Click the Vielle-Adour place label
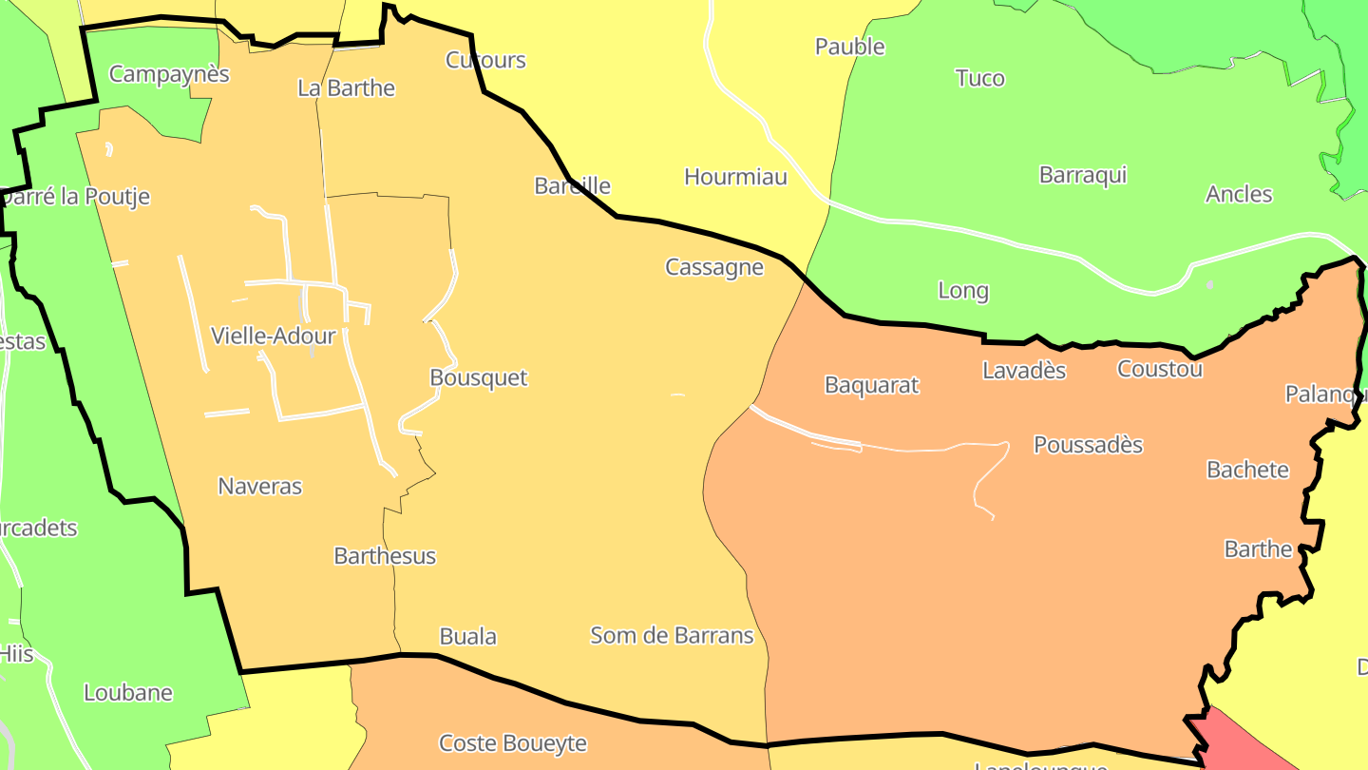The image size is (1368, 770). pos(274,336)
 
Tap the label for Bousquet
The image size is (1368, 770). pos(478,377)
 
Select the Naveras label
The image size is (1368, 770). pos(259,486)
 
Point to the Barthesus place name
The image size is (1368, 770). pos(385,555)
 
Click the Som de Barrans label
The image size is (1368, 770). pos(672,635)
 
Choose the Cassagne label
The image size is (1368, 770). pos(714,267)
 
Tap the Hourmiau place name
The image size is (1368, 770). pos(735,176)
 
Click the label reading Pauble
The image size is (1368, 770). pos(849,47)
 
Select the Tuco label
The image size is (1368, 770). pos(979,78)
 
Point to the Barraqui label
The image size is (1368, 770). pos(1082,175)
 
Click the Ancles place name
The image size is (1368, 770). pos(1238,194)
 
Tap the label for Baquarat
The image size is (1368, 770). pos(871,385)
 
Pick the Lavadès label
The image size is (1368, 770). pos(1023,370)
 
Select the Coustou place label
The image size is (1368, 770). pos(1159,369)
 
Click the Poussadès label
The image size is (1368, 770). pos(1088,444)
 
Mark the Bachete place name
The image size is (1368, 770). pos(1247,469)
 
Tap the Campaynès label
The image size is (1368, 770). pos(169,74)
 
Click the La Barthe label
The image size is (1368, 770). pos(346,88)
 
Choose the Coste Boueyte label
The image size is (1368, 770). pos(512,742)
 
